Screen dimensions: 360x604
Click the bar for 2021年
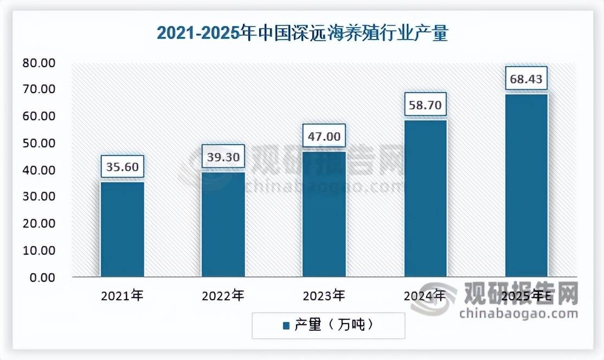(x=123, y=229)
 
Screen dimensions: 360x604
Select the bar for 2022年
(x=223, y=224)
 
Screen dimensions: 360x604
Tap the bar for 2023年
(x=324, y=214)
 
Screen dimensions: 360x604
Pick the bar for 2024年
(x=425, y=198)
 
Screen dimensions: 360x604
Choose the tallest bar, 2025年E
(x=526, y=185)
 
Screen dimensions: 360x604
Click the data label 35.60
(x=123, y=166)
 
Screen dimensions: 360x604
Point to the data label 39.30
(x=223, y=156)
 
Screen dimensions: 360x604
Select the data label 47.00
(x=324, y=136)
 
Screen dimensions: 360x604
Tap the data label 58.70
(x=425, y=105)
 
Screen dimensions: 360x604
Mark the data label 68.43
(x=526, y=79)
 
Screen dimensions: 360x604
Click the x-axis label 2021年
(x=122, y=297)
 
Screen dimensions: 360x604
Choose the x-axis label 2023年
(x=324, y=297)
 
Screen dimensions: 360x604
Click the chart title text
(x=302, y=33)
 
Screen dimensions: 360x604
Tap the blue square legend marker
(x=286, y=326)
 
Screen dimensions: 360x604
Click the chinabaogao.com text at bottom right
(x=518, y=314)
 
